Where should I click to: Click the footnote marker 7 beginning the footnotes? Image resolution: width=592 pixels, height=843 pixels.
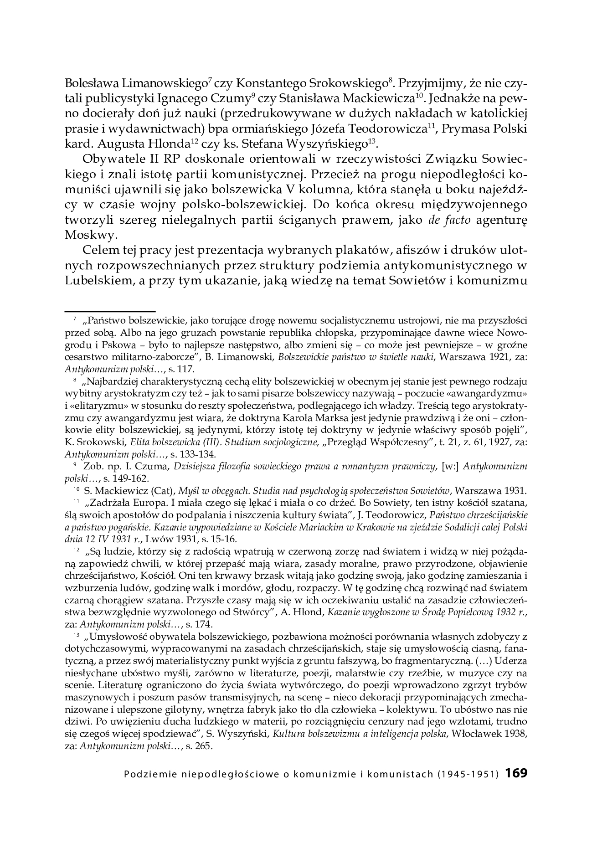pyautogui.click(x=75, y=318)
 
